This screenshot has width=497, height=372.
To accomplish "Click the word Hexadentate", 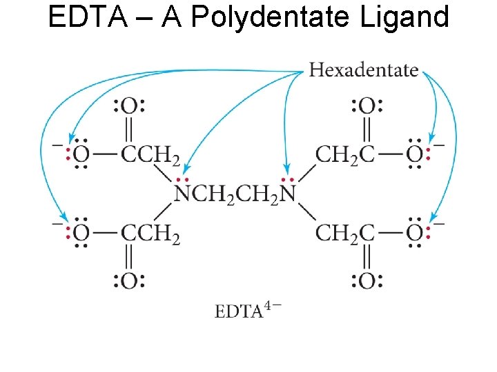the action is [x=364, y=70].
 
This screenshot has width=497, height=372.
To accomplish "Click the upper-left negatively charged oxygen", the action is [x=81, y=154].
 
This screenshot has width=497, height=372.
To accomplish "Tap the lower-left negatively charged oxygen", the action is [x=81, y=234].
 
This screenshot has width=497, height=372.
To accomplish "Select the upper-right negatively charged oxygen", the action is [x=415, y=154].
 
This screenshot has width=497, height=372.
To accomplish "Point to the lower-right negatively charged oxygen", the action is [x=415, y=234].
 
